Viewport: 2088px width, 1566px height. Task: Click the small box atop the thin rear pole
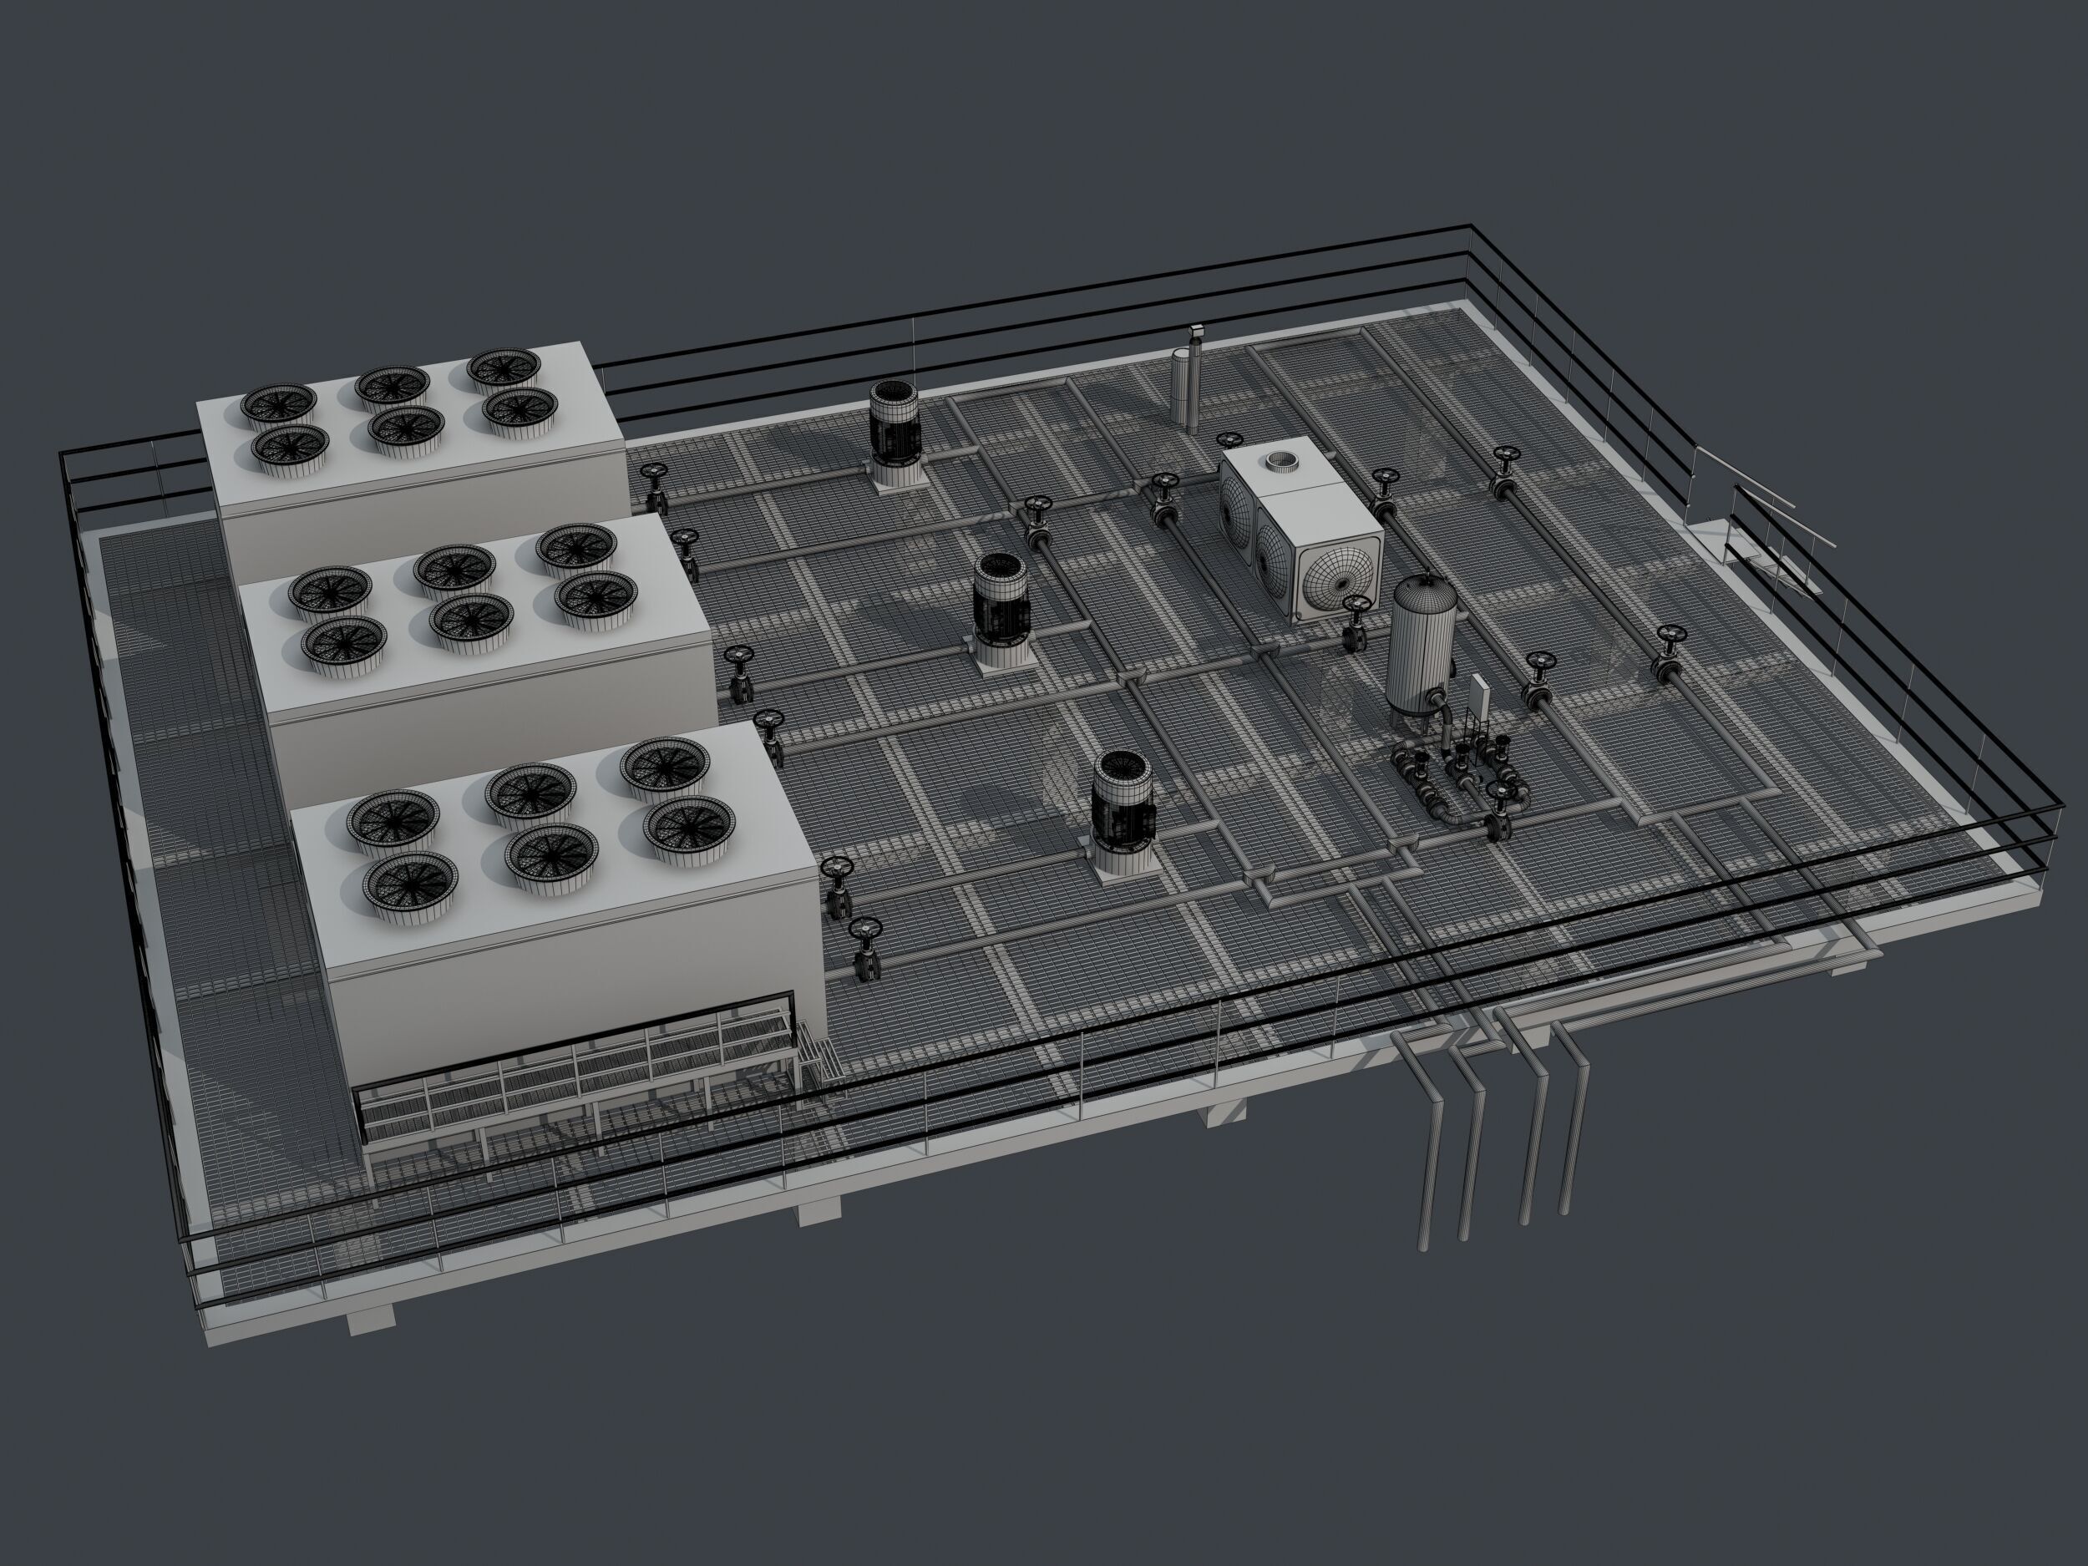[1197, 331]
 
